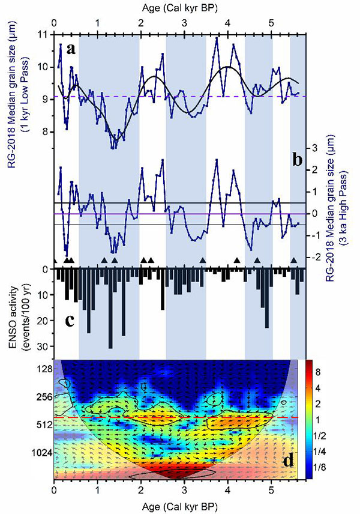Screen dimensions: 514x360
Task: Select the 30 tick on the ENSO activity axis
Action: (44, 346)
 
